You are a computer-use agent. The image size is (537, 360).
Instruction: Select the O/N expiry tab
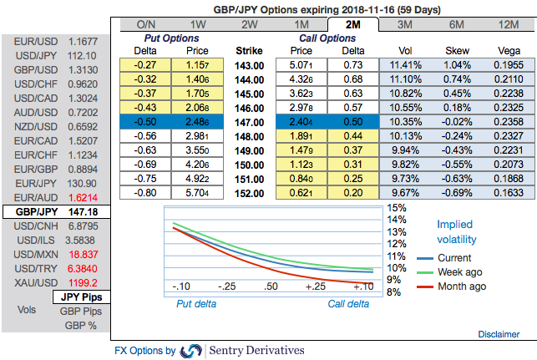pos(145,25)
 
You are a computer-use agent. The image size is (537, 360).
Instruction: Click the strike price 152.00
pos(250,193)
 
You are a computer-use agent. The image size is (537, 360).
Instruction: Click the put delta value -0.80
pos(145,193)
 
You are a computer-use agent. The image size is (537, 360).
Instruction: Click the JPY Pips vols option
pos(80,296)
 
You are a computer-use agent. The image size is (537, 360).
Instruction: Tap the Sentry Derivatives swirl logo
pos(190,351)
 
